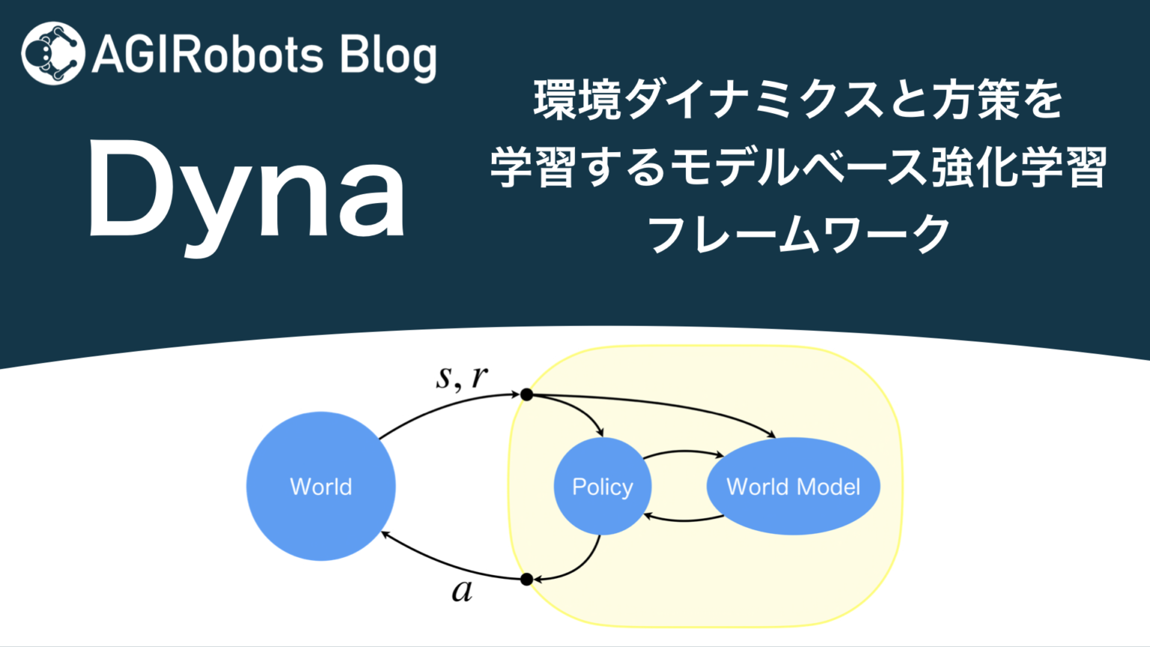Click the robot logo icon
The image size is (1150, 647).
pos(52,53)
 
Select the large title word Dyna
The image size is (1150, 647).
pos(247,192)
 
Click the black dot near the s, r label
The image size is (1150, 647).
pos(527,395)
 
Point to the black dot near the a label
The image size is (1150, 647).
pos(526,579)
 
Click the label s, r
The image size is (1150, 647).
pos(461,377)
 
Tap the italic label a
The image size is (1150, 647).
pos(462,591)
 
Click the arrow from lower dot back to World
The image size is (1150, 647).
pos(449,565)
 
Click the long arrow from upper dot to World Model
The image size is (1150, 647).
pos(659,404)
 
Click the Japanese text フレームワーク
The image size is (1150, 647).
pos(798,234)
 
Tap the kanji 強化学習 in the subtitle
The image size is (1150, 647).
pos(1018,167)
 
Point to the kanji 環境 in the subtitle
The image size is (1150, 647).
pos(577,100)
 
